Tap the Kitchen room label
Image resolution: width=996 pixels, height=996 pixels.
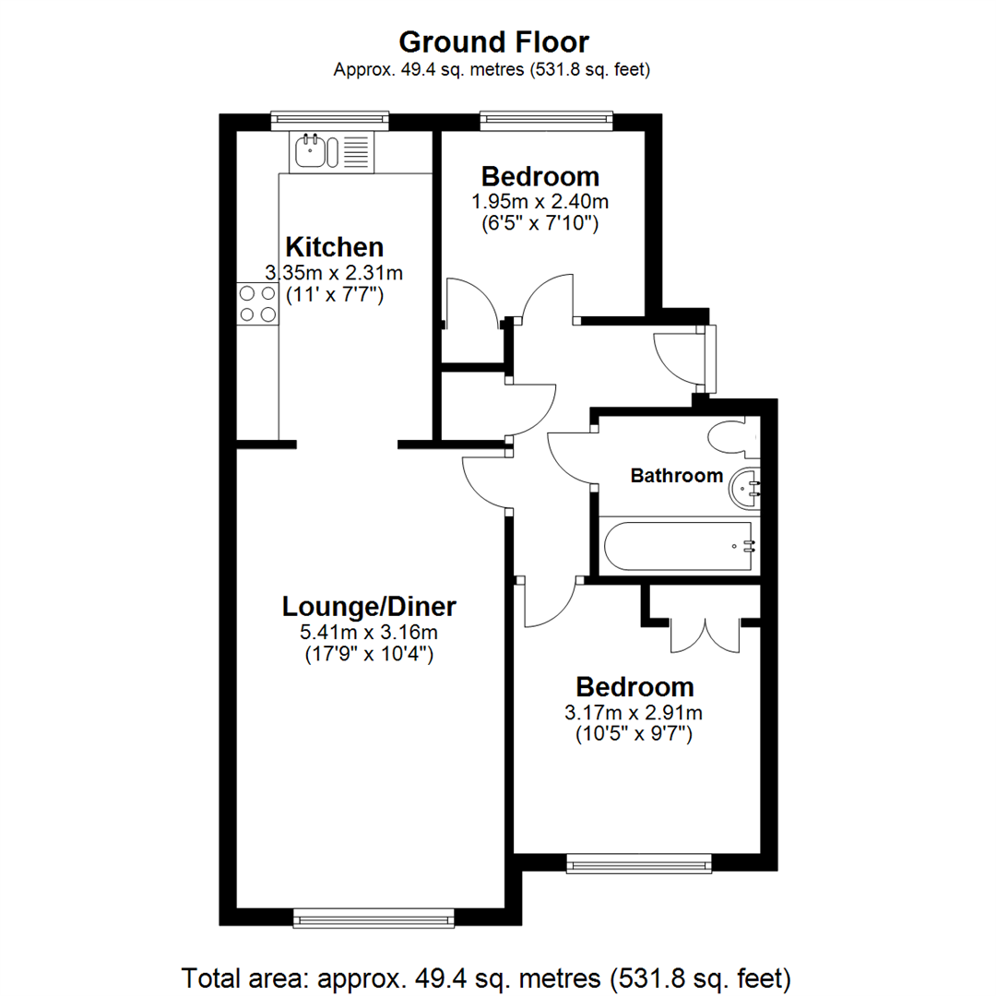coord(334,247)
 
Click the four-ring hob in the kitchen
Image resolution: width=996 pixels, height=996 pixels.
coord(257,303)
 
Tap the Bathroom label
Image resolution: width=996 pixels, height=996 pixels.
coord(676,476)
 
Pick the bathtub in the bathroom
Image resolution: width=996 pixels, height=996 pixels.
coord(679,546)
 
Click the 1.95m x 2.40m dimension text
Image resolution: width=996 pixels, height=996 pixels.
coord(540,201)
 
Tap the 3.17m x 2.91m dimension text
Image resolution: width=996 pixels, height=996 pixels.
coord(634,712)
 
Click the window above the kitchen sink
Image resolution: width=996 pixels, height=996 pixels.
coord(330,119)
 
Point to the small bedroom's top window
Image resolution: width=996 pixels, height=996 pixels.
coord(546,119)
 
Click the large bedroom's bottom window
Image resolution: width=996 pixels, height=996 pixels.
coord(639,863)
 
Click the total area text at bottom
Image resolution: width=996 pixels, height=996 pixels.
coord(487,977)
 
